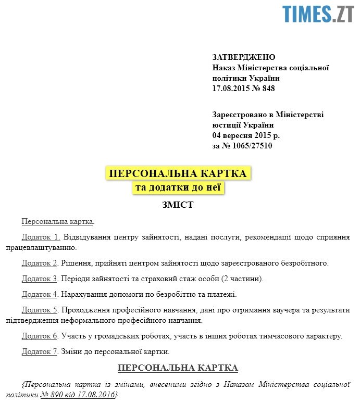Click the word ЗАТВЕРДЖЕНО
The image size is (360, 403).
tap(244, 57)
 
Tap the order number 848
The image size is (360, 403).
tap(268, 89)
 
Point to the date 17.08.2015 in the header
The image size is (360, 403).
tap(231, 89)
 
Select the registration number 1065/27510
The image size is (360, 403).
tap(252, 146)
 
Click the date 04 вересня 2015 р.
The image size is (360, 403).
tap(246, 135)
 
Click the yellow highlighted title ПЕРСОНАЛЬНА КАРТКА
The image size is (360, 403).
tap(178, 173)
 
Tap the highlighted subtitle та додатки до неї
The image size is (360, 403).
tap(178, 188)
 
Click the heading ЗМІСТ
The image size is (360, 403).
tap(178, 205)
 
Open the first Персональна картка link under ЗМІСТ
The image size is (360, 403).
tap(57, 221)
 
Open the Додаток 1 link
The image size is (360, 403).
tap(41, 237)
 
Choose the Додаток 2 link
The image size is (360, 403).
tap(40, 263)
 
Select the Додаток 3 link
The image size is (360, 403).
tap(40, 279)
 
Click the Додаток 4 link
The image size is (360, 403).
tap(40, 294)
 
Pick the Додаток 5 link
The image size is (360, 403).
tap(40, 310)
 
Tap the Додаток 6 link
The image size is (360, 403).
tap(40, 336)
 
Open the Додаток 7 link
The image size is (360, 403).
tap(40, 351)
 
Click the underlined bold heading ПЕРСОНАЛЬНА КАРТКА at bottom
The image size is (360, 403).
tap(178, 368)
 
